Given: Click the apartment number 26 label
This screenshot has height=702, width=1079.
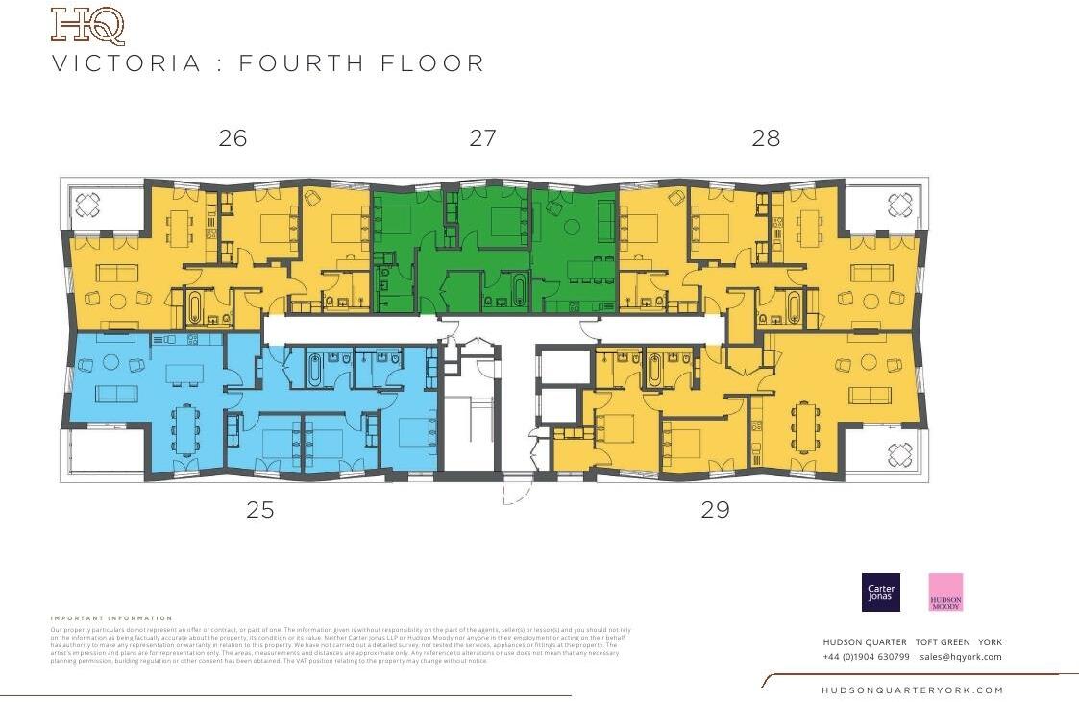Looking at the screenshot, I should pos(233,138).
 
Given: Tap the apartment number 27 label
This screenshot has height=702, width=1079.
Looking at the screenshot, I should pos(483,138).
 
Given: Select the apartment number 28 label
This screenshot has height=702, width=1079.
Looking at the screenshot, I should pos(766,138).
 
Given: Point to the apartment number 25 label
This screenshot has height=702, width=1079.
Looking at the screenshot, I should pos(260,510).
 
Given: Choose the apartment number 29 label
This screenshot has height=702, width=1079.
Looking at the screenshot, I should pos(716,510).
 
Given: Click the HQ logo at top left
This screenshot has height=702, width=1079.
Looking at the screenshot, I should pos(87,26).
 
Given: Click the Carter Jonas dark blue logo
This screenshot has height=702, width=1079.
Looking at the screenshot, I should pos(881,593).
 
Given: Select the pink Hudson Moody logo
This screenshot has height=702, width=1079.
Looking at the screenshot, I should pos(945,593).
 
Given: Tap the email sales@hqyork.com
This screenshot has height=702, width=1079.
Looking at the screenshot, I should pos(960,657).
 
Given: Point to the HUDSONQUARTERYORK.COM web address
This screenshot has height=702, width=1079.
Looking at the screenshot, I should pos(912,690).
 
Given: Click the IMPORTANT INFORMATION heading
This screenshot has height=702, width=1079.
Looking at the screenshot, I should pos(111,618).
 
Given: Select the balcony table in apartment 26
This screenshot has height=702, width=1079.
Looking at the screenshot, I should pos(88,204).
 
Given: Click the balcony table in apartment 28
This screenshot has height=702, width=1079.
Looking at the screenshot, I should pos(900,204).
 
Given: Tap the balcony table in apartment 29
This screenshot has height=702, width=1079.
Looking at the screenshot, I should pos(900,452).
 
